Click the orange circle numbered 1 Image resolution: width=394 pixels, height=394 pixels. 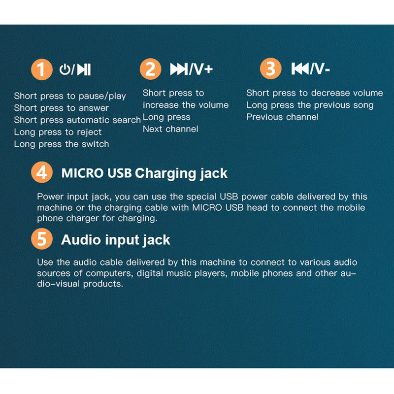[x=42, y=69]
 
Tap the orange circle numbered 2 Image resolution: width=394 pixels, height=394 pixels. [x=150, y=69]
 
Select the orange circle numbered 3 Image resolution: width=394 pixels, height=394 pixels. [x=270, y=68]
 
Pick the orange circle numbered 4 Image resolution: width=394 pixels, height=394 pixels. [x=42, y=172]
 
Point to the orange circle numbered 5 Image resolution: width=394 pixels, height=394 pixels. [x=42, y=239]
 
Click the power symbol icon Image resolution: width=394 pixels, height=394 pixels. [x=65, y=69]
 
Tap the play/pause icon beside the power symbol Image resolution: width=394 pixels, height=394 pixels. [x=84, y=69]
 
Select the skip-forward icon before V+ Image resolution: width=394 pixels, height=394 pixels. [x=179, y=69]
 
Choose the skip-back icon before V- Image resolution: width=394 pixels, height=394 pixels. [x=300, y=68]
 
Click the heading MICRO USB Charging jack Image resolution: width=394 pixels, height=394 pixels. [x=144, y=173]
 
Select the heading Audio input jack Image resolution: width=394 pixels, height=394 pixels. [x=116, y=240]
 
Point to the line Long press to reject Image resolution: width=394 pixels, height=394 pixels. [x=58, y=132]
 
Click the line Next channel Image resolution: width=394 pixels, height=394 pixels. [x=170, y=129]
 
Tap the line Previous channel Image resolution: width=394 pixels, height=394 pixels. [x=282, y=117]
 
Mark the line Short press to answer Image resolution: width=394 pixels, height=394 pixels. [x=61, y=108]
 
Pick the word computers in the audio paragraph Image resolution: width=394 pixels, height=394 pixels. [x=109, y=273]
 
